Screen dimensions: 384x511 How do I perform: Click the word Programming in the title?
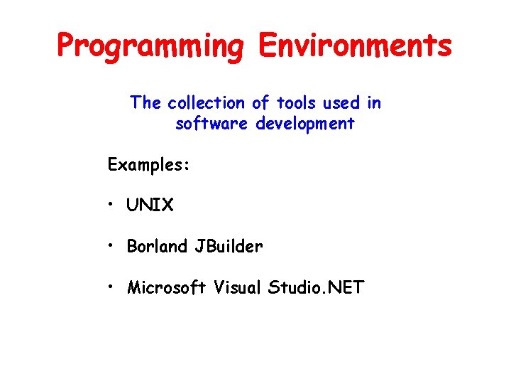(151, 46)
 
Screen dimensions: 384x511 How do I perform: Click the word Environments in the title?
(355, 46)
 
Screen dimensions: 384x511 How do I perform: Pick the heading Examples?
(148, 164)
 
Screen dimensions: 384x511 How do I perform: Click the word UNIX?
(150, 206)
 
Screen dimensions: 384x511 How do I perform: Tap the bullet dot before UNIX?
(112, 206)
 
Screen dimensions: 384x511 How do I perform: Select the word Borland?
(157, 247)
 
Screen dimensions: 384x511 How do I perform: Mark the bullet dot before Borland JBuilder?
(112, 247)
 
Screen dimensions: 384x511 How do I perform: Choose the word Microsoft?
(166, 288)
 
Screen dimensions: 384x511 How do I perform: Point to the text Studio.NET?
(317, 288)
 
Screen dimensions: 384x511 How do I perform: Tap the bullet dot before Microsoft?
(112, 288)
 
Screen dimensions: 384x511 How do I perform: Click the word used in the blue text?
(341, 103)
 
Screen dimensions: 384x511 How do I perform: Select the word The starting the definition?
(146, 103)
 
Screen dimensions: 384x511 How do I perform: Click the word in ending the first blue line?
(374, 103)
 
